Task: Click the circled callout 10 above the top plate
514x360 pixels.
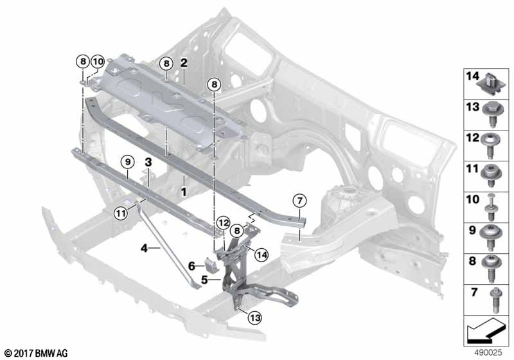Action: pyautogui.click(x=97, y=62)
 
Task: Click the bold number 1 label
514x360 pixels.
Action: pyautogui.click(x=184, y=192)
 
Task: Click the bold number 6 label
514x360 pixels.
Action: pyautogui.click(x=191, y=265)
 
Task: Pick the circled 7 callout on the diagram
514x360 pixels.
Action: pyautogui.click(x=299, y=199)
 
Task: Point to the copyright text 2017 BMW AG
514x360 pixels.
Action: pyautogui.click(x=36, y=353)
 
